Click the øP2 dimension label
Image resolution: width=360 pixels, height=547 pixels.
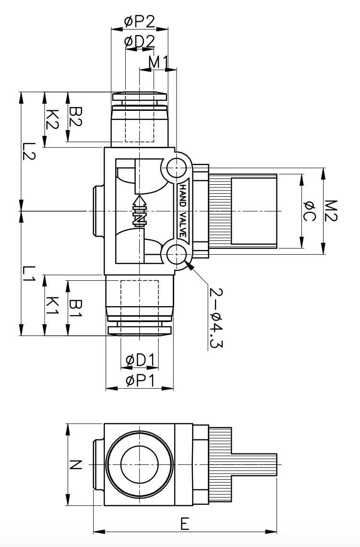139,21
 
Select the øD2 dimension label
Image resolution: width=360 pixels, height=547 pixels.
139,42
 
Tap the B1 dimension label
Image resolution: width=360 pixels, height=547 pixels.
76,309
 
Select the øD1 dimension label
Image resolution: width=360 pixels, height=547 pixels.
139,360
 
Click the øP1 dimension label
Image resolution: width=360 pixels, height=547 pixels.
139,381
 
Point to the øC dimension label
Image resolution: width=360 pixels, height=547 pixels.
309,211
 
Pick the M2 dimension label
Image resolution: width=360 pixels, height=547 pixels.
332,211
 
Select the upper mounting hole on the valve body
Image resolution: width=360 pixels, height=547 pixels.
176,168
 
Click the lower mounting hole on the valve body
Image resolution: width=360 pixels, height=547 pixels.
176,253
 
